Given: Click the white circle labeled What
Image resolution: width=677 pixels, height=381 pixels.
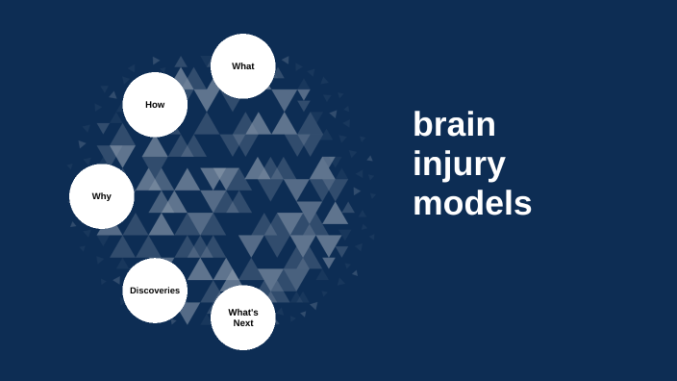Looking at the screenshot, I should click(x=243, y=66).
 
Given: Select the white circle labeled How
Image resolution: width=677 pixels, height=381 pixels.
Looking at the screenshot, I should click(x=155, y=104).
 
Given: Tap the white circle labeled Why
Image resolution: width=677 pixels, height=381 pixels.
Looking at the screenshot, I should click(x=102, y=196).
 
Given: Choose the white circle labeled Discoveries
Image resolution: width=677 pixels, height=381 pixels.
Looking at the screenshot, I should click(x=155, y=291).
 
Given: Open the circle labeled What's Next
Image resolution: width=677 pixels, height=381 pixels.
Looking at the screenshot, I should click(x=243, y=317).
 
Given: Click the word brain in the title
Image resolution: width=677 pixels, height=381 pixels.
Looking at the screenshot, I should click(x=454, y=125).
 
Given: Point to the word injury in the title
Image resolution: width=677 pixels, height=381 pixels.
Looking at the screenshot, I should click(x=459, y=165).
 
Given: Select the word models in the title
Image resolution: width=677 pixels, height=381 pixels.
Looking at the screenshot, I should click(x=472, y=204).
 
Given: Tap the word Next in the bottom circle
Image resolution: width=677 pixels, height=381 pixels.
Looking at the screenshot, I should click(x=243, y=323).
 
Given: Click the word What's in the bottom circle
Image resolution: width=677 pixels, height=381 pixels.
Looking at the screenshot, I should click(x=243, y=313).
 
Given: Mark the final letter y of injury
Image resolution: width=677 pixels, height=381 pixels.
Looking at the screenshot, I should click(x=494, y=167).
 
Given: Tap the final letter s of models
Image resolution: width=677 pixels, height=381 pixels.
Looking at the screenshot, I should click(x=522, y=206).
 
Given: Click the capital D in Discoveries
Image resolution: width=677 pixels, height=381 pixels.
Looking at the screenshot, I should click(x=134, y=291).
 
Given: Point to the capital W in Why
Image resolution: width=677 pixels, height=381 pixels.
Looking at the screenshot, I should click(x=96, y=196).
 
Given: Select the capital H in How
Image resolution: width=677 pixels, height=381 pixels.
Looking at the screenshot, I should click(x=149, y=104).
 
